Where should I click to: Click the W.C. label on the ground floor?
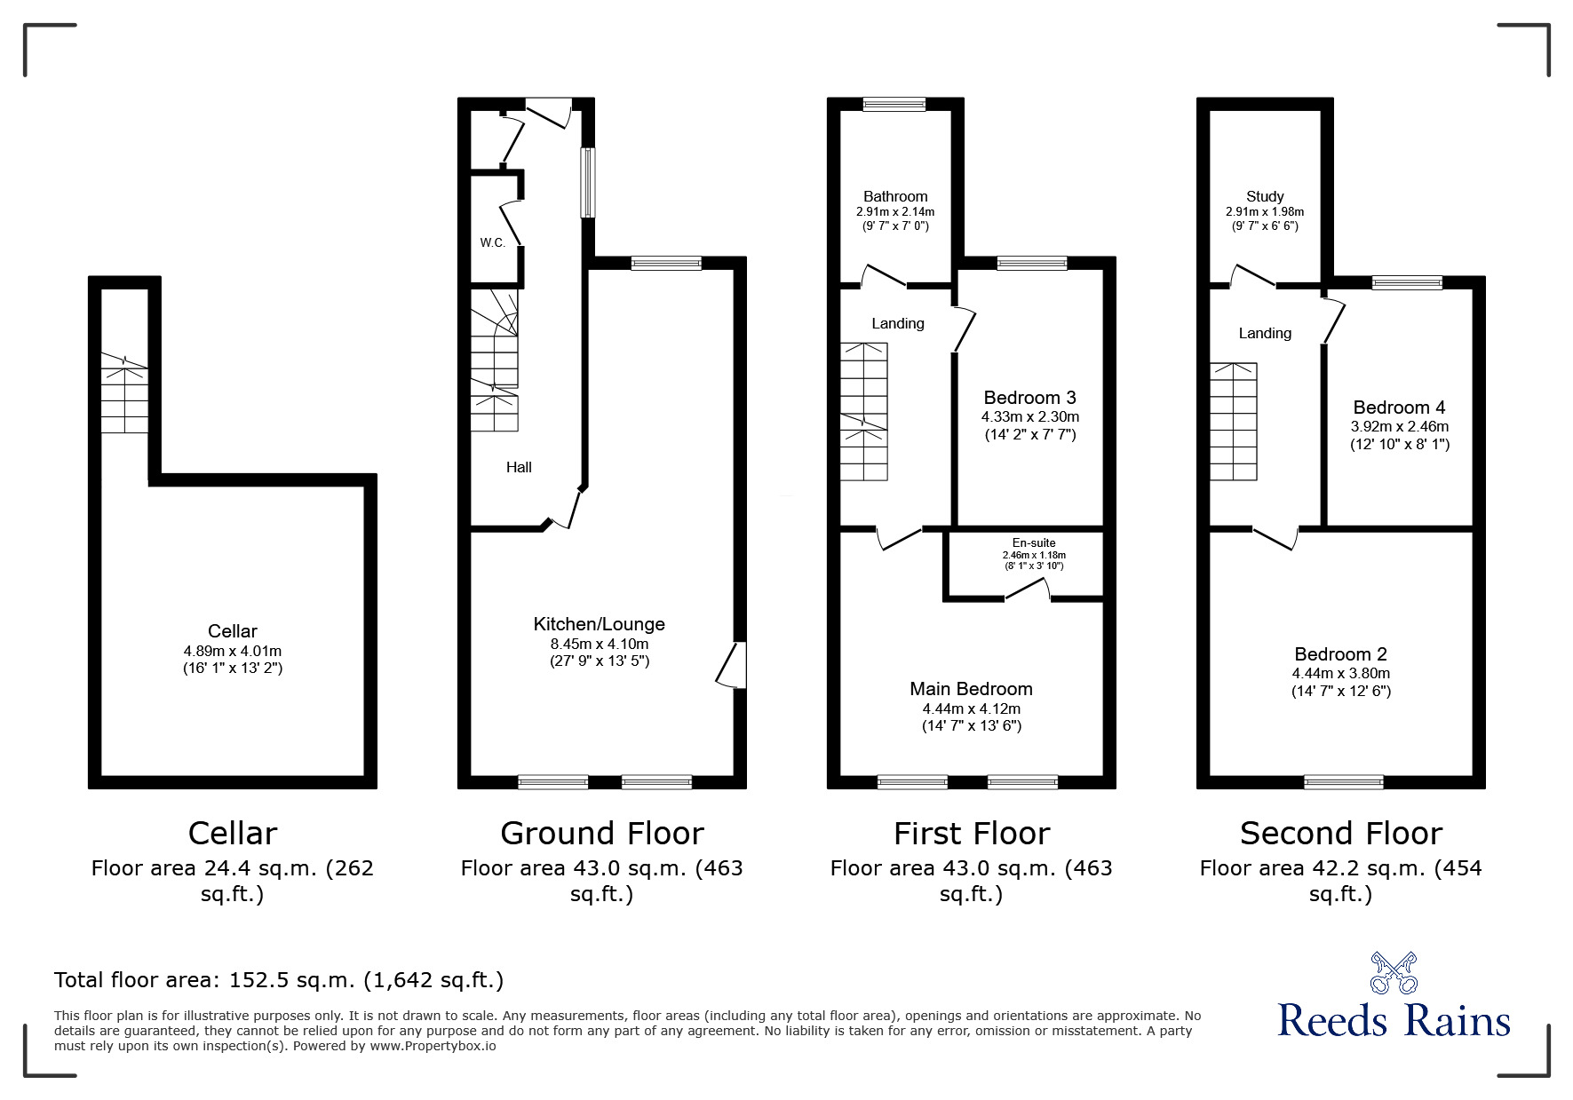(x=493, y=242)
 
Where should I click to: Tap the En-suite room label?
(x=1034, y=542)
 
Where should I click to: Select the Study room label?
(x=1265, y=196)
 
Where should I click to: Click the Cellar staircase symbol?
(x=124, y=393)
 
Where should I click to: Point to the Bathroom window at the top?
(x=894, y=105)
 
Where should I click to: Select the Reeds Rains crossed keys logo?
(x=1394, y=972)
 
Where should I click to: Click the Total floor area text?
(x=279, y=980)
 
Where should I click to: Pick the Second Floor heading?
(x=1340, y=834)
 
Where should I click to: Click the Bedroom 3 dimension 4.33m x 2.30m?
(x=1030, y=416)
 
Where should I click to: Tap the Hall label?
(x=519, y=467)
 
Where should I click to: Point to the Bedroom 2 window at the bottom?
(x=1343, y=782)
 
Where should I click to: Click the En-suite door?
(x=1028, y=592)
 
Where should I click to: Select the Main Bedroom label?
(x=971, y=689)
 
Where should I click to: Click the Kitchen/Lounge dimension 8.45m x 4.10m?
(x=599, y=644)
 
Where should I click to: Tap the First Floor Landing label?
(x=897, y=323)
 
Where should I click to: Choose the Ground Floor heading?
(x=601, y=834)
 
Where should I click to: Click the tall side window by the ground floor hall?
(x=588, y=182)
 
